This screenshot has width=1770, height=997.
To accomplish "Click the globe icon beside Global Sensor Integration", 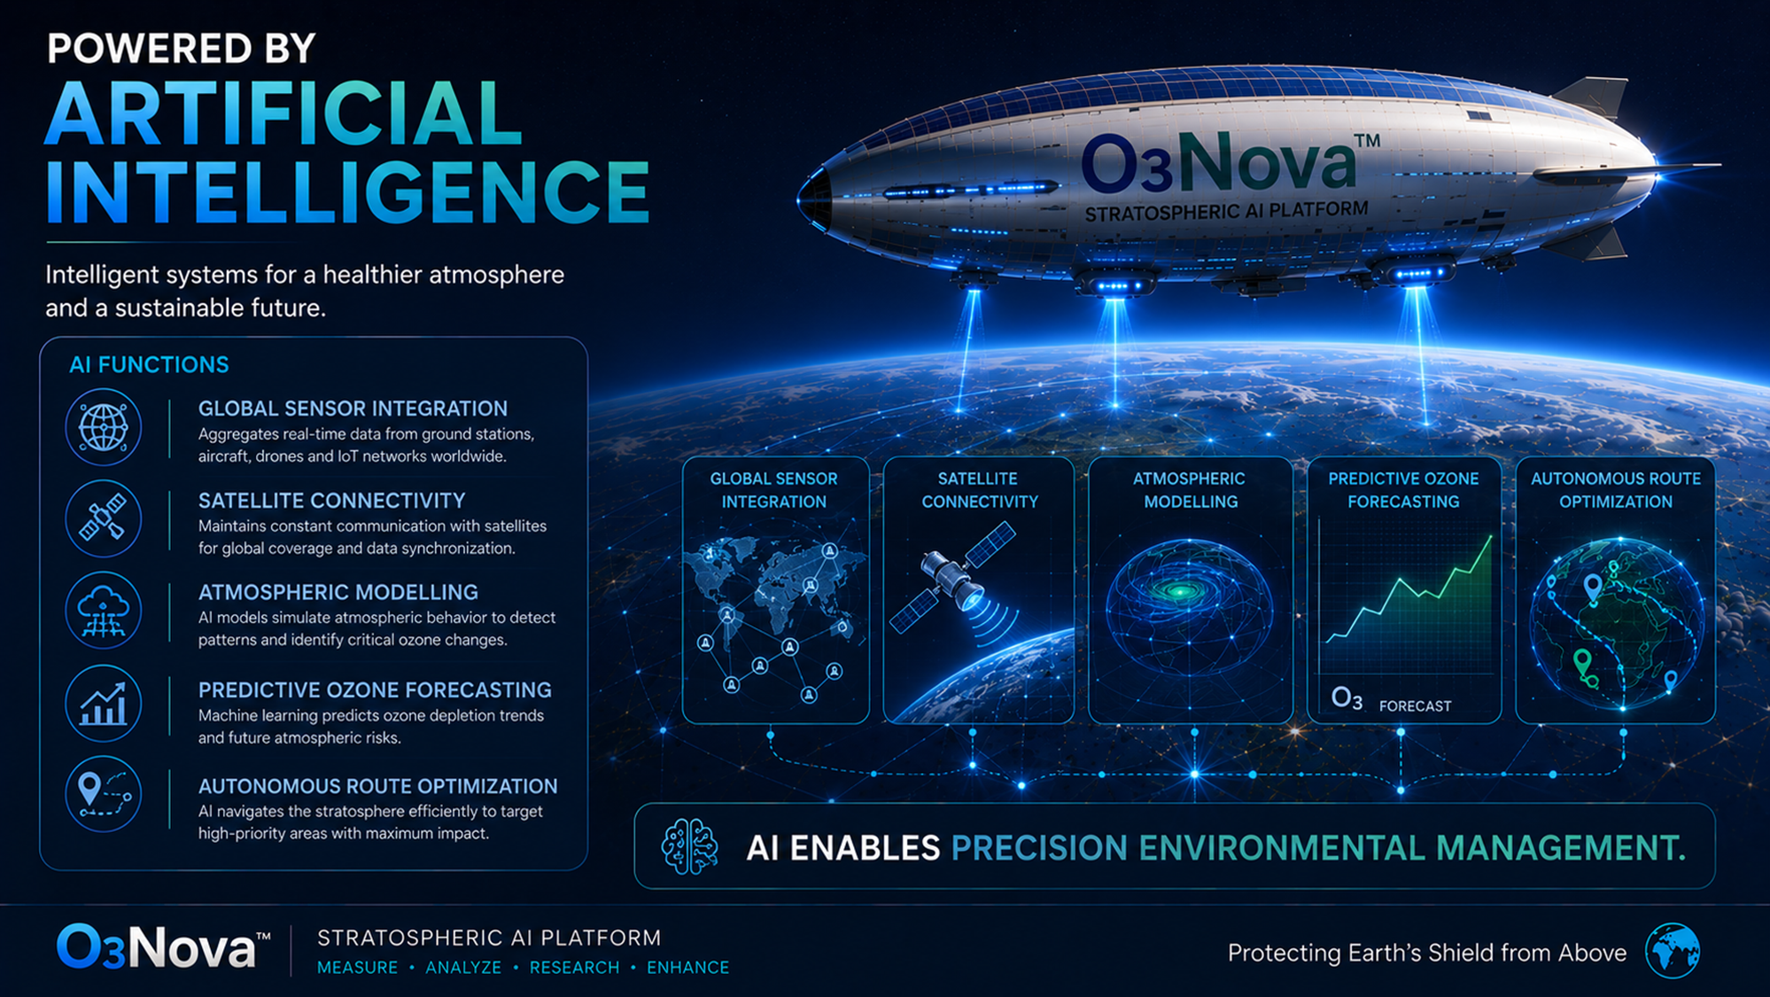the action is pos(103,427).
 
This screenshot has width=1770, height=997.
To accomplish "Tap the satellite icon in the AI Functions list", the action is pos(103,518).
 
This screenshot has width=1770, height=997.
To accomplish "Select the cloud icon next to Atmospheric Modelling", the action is pos(103,611).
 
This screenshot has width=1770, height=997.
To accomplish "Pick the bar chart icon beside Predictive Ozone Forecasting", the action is pos(103,704).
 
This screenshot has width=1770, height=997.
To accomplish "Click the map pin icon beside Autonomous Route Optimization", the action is pos(103,794).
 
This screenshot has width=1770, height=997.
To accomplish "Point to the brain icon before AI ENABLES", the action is pos(689,846).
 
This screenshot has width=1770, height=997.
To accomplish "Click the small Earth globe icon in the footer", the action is pos(1673,950).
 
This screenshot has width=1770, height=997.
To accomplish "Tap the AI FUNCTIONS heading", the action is pos(149,364).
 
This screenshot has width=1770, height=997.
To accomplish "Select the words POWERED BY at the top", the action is pos(181,48).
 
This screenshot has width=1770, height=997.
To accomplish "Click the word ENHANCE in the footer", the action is pos(687,968).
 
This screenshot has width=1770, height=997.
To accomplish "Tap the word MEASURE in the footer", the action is pos(358,968).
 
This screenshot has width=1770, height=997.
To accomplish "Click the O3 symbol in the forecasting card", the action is pos(1347,699).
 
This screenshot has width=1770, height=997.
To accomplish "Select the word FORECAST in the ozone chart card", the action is pos(1415,706).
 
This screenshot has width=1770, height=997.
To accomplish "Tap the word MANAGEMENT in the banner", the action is pos(1561,848).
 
